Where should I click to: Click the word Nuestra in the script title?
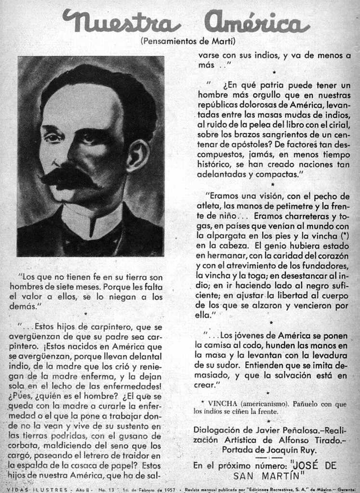click(121, 22)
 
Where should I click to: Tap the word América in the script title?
click(256, 22)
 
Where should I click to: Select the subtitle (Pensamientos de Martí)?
click(188, 41)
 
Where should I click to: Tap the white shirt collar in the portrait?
click(92, 219)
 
